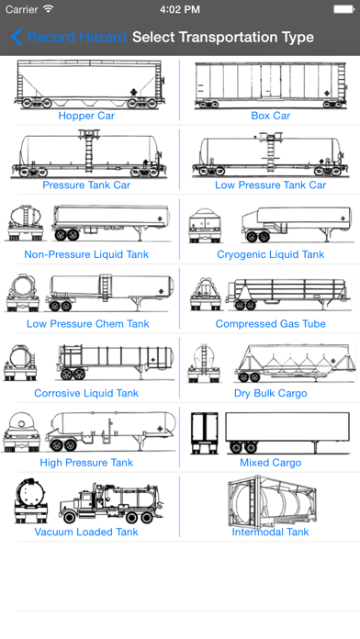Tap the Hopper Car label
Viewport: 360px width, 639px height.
[x=86, y=116]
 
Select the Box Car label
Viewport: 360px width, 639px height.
[x=271, y=116]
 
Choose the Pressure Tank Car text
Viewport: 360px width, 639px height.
[x=86, y=185]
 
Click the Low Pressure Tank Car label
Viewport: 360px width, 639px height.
[x=271, y=185]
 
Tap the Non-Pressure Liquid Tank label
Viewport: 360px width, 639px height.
[x=86, y=254]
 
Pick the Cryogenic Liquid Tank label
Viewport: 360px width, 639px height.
[x=271, y=254]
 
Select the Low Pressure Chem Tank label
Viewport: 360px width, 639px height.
[x=88, y=324]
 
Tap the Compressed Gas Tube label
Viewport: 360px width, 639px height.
[x=271, y=324]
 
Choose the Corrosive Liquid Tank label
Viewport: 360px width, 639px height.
[x=86, y=393]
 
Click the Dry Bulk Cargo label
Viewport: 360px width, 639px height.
[x=271, y=394]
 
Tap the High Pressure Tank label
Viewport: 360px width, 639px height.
[x=86, y=463]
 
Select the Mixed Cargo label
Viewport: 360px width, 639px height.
[x=271, y=463]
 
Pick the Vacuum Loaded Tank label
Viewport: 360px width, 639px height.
[x=86, y=532]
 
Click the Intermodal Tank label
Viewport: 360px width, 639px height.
[x=271, y=532]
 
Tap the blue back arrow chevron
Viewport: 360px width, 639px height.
[x=17, y=37]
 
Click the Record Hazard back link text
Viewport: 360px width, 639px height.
[x=77, y=37]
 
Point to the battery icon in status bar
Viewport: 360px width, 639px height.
[x=343, y=9]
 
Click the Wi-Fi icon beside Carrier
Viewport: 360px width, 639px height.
[x=49, y=9]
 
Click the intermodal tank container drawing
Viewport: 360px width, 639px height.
[x=273, y=500]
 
